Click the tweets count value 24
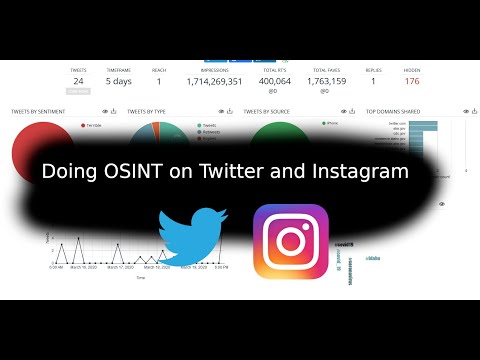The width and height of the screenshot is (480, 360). tap(78, 81)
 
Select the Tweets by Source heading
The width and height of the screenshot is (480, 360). tap(267, 111)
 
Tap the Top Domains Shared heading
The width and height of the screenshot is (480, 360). tap(392, 111)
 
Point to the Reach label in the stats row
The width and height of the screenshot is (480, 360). tap(158, 70)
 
